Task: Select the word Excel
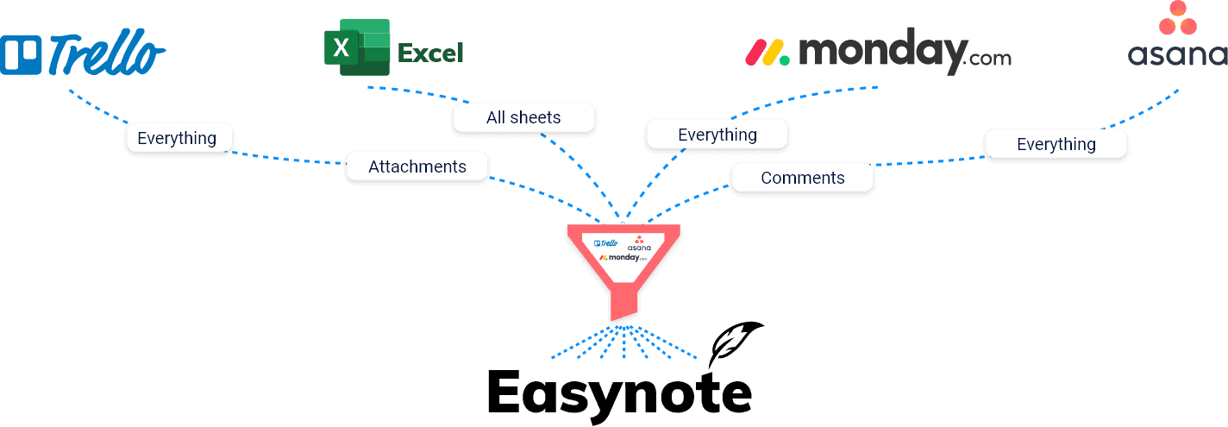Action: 430,53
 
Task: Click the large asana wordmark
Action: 1177,55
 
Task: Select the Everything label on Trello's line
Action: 178,138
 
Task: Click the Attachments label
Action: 417,166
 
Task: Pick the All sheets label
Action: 523,117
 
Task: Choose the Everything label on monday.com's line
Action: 717,135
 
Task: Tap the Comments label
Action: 802,178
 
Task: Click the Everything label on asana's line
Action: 1056,144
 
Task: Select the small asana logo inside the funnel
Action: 639,243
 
